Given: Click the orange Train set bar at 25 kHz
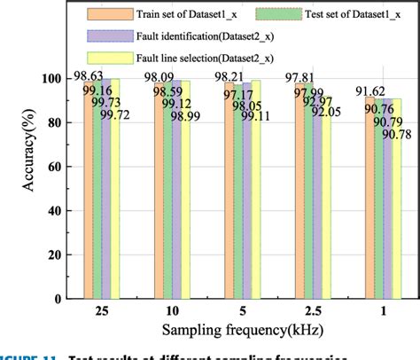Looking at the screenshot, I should (89, 195).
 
